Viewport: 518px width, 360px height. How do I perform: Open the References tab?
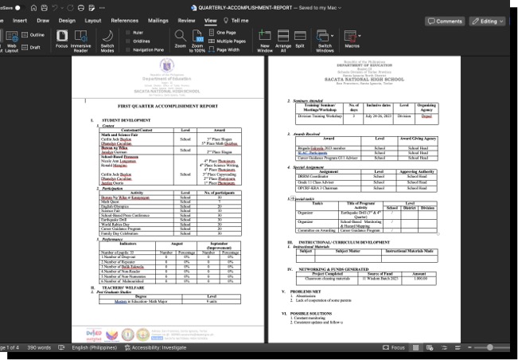click(x=124, y=21)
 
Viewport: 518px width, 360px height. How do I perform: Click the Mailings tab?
click(x=158, y=21)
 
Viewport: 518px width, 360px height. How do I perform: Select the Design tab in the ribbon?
click(x=67, y=21)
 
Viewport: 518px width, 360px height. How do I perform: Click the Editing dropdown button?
click(x=486, y=22)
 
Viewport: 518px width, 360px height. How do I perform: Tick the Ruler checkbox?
click(x=129, y=33)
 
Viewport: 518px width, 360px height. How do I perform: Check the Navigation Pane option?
click(x=129, y=49)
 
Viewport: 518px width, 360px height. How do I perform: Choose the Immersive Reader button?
click(x=80, y=40)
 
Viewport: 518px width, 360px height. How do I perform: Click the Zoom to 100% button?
click(x=197, y=40)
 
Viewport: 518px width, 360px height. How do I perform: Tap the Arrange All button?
click(x=282, y=40)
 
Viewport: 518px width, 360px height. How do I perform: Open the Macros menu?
click(x=352, y=40)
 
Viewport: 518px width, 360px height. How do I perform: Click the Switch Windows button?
click(x=325, y=40)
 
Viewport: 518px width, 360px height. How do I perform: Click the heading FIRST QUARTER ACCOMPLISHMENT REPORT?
click(x=167, y=105)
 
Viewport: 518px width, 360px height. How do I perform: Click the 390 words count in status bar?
click(x=39, y=348)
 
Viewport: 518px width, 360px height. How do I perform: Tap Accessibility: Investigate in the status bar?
click(x=158, y=348)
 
